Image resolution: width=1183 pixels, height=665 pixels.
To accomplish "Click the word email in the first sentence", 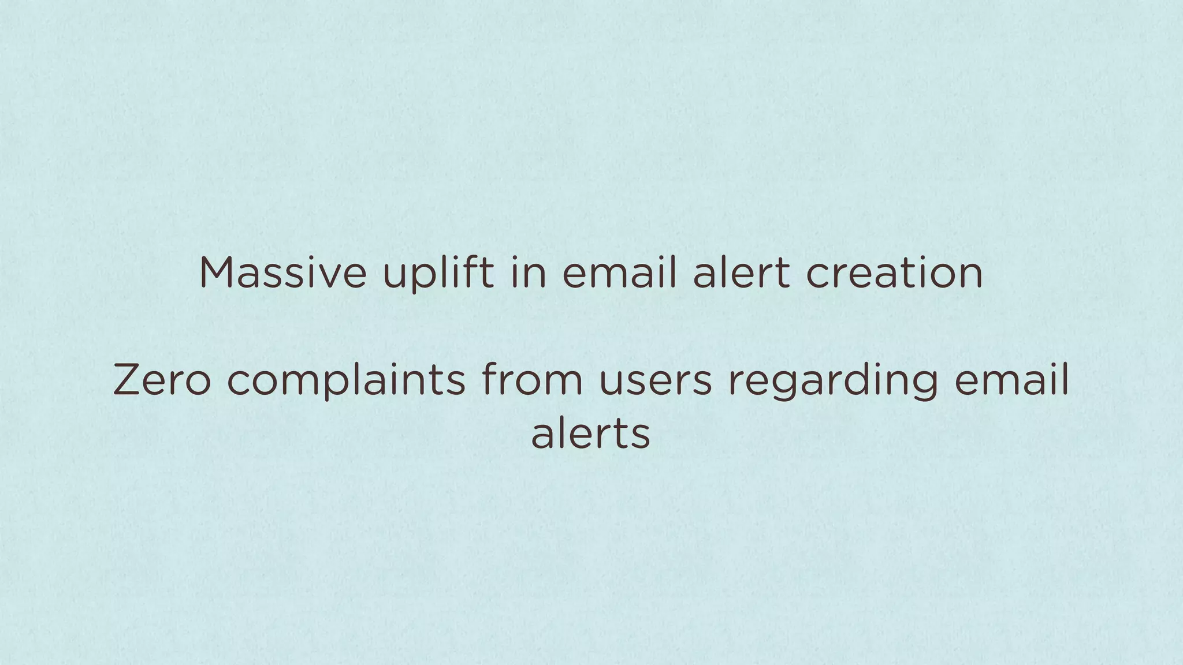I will pos(619,272).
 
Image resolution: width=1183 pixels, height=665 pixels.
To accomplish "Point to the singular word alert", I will pos(741,272).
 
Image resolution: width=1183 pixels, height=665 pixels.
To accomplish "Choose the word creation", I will pos(894,272).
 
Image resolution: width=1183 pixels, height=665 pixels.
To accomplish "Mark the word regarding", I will pos(832,382).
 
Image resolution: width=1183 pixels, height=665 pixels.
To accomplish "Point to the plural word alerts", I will pos(590,434).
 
